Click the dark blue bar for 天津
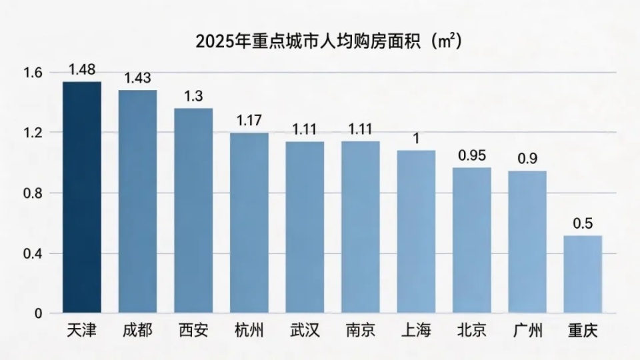tap(82, 197)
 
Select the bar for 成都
tap(138, 201)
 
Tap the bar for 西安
tap(193, 211)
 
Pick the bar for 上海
tap(416, 231)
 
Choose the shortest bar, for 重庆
tap(583, 274)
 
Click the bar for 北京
tap(472, 240)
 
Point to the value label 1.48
tap(82, 70)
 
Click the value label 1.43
tap(138, 78)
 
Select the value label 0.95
tap(472, 155)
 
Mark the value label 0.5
tap(583, 223)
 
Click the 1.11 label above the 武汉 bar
tap(305, 129)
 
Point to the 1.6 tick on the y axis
tap(33, 73)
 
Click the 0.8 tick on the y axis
tap(33, 193)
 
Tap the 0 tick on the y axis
tap(38, 313)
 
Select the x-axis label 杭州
tap(249, 331)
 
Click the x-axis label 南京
tap(361, 331)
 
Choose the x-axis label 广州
tap(527, 331)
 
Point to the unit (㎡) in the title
tap(447, 41)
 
